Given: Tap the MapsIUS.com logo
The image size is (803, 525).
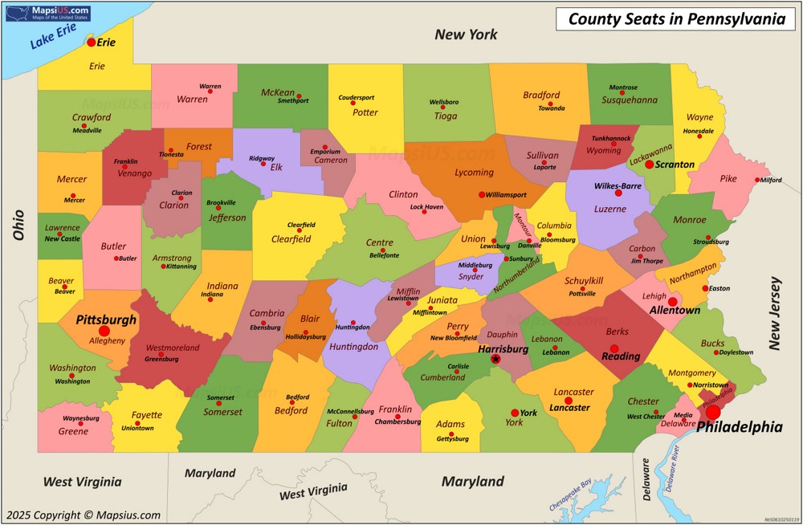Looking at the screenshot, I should click(x=48, y=13).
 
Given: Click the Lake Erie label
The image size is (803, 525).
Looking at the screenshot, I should click(x=53, y=36).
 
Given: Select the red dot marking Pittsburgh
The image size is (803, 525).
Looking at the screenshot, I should click(x=104, y=331).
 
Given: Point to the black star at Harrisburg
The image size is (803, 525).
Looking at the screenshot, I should click(x=495, y=359).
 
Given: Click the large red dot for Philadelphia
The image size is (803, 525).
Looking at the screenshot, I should click(x=713, y=412).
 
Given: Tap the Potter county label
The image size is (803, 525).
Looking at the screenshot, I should click(x=365, y=112).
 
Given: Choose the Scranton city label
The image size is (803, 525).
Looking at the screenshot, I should click(x=675, y=165).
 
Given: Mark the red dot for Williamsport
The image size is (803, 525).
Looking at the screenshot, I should click(x=482, y=194).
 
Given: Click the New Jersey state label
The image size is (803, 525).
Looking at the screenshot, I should click(x=775, y=313).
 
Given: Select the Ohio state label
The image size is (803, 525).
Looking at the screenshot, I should click(x=18, y=225).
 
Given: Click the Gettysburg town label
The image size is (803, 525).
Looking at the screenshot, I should click(x=452, y=439).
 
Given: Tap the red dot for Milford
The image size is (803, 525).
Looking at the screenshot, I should click(x=757, y=180).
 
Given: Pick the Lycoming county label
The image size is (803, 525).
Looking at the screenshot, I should click(x=474, y=172).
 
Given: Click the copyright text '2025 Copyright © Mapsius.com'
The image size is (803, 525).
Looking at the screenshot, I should click(x=83, y=515).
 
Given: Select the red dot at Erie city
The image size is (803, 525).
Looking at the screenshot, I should click(x=91, y=42).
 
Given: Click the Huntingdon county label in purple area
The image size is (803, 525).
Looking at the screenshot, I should click(x=353, y=347).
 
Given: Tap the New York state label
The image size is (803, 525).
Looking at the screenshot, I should click(x=466, y=35).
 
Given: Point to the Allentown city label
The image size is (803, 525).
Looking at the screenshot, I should click(x=675, y=310).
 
